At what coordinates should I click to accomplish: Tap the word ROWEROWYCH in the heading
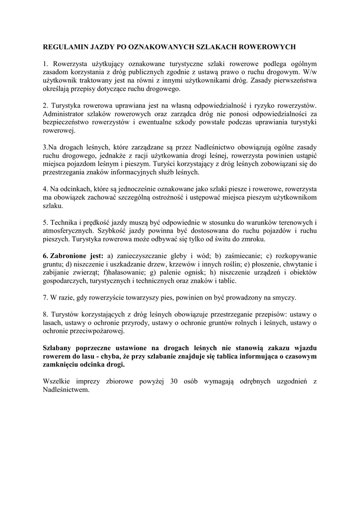(x=270, y=47)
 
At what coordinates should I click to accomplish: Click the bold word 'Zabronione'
(x=71, y=256)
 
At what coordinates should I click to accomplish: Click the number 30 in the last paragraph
(x=175, y=381)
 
